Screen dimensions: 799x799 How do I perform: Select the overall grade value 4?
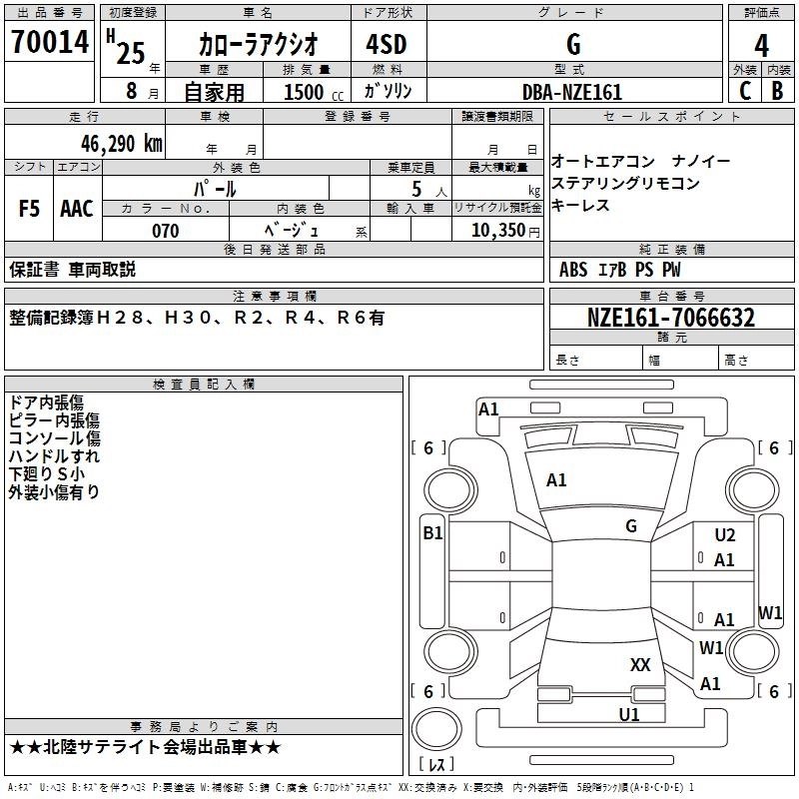(x=761, y=45)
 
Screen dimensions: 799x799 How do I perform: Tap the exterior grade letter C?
(x=744, y=91)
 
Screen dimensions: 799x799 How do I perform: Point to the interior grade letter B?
(x=777, y=91)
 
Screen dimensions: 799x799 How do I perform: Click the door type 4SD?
(x=378, y=45)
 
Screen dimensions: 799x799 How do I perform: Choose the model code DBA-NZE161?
(x=571, y=92)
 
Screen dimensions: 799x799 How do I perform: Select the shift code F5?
(x=29, y=209)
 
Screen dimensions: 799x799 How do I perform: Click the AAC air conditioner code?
(x=76, y=209)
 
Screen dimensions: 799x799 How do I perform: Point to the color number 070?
(x=166, y=231)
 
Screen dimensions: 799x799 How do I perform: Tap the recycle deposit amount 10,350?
(x=496, y=231)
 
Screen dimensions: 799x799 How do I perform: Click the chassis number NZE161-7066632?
(x=670, y=319)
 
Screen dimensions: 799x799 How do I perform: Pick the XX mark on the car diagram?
(x=640, y=664)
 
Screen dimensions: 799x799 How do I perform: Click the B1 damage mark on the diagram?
(x=432, y=533)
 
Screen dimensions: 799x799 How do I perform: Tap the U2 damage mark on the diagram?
(x=725, y=535)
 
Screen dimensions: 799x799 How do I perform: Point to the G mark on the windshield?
(x=631, y=525)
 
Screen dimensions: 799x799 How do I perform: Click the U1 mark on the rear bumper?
(x=629, y=714)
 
